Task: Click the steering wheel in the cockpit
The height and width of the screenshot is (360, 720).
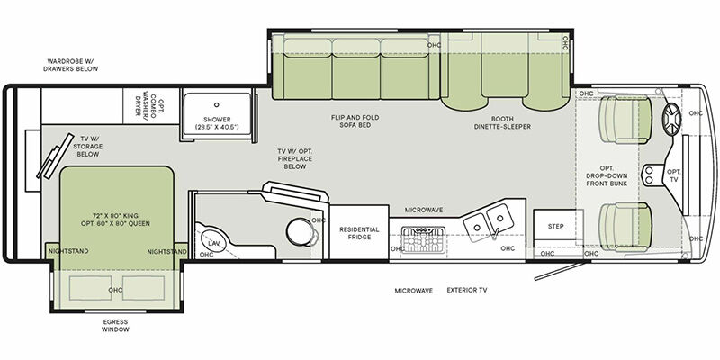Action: tap(671, 120)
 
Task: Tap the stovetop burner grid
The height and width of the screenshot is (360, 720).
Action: tap(423, 240)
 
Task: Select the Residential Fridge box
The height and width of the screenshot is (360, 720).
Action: tap(359, 232)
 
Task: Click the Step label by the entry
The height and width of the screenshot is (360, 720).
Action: tap(555, 227)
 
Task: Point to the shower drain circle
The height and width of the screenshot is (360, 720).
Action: tap(216, 104)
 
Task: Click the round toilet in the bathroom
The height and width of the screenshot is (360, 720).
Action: tap(300, 231)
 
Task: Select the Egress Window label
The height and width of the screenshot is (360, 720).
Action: tap(115, 326)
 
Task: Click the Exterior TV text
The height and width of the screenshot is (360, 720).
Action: tap(467, 290)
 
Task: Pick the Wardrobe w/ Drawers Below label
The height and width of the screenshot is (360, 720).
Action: tap(71, 65)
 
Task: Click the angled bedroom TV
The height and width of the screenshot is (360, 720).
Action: tap(55, 157)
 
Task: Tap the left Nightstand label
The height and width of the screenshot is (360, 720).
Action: tap(68, 252)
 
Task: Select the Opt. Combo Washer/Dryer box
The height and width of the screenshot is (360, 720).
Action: tap(151, 105)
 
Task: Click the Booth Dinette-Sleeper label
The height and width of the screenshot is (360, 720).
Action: tap(502, 122)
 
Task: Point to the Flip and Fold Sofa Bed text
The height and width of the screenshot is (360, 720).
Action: tap(355, 121)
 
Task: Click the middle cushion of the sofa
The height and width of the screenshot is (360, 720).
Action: tap(355, 69)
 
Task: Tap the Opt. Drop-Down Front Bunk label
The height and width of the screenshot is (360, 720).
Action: tap(607, 175)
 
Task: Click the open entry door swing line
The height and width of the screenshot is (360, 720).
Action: tap(560, 272)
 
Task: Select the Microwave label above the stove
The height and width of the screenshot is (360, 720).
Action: tap(423, 210)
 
